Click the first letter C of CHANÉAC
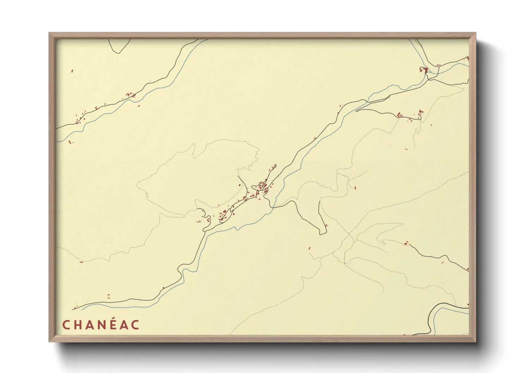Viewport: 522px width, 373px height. coord(66,325)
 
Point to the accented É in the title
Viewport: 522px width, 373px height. coord(113,324)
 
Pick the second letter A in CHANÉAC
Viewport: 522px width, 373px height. coord(125,325)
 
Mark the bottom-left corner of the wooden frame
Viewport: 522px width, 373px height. coord(49,341)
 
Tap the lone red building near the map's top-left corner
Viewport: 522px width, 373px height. coord(72,71)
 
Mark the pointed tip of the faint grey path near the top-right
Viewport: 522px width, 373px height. coord(463,89)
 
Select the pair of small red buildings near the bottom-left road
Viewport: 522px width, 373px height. coord(109,296)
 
